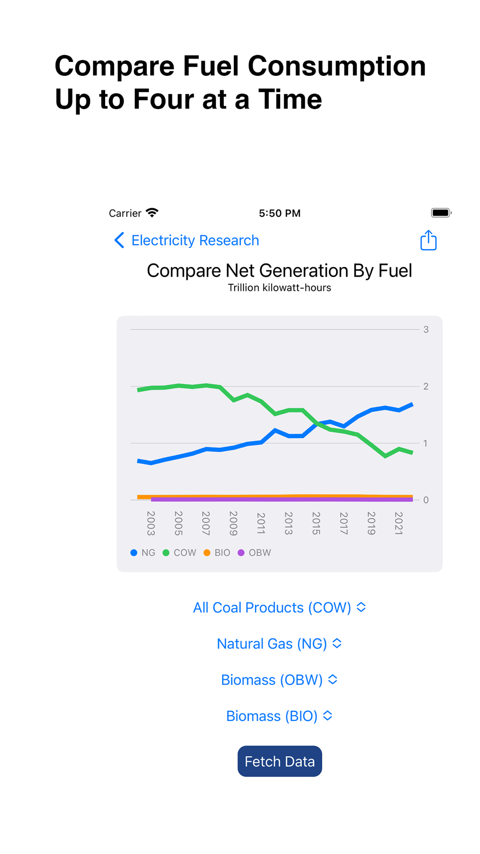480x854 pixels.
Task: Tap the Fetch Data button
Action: [x=279, y=761]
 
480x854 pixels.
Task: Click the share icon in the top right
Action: [x=428, y=240]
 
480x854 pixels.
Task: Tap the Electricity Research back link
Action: [x=187, y=240]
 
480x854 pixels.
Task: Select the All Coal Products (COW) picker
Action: [x=279, y=608]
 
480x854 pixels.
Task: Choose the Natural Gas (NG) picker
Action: [x=279, y=644]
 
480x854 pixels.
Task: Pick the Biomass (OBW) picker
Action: [x=279, y=680]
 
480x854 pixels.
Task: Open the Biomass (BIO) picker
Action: [x=279, y=716]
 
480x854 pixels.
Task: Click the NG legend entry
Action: [x=143, y=553]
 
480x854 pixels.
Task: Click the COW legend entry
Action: [x=180, y=553]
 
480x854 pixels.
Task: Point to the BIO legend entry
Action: [x=217, y=553]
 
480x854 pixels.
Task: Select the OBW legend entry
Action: [x=254, y=553]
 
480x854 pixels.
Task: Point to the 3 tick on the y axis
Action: [x=426, y=329]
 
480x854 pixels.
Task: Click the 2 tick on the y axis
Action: [x=426, y=386]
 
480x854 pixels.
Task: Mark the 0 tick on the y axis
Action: [x=426, y=500]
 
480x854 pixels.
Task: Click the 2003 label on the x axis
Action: [x=151, y=523]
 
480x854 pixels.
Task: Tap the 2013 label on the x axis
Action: [x=288, y=523]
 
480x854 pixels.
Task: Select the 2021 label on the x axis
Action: [x=398, y=523]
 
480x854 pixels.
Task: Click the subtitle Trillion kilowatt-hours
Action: [x=279, y=288]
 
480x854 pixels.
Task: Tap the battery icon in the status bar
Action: [x=441, y=213]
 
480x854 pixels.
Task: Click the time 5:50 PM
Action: [x=279, y=213]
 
